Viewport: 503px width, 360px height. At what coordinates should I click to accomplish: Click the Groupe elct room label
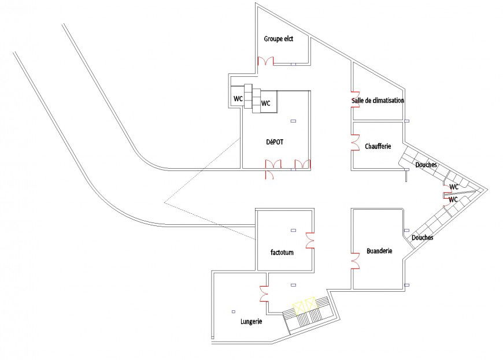click(279, 39)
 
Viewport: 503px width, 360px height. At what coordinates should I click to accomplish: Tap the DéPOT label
click(275, 140)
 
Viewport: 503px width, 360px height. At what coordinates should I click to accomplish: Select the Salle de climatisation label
click(378, 101)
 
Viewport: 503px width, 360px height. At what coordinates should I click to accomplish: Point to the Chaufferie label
click(378, 146)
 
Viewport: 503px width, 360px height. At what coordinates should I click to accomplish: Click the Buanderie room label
click(379, 251)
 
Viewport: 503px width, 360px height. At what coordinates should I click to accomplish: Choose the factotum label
click(282, 252)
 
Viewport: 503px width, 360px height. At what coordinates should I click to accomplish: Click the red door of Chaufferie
click(354, 142)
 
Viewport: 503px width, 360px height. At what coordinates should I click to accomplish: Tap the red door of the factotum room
click(310, 239)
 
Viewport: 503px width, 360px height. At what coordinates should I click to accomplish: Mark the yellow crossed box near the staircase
click(304, 305)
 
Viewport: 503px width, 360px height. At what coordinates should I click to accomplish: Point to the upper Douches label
click(426, 165)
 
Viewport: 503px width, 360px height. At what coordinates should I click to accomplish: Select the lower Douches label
click(422, 237)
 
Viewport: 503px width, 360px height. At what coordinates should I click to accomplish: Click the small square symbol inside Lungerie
click(232, 311)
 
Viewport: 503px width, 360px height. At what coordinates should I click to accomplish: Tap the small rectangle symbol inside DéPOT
click(293, 121)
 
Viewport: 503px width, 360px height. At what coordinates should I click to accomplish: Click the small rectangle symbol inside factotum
click(293, 230)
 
